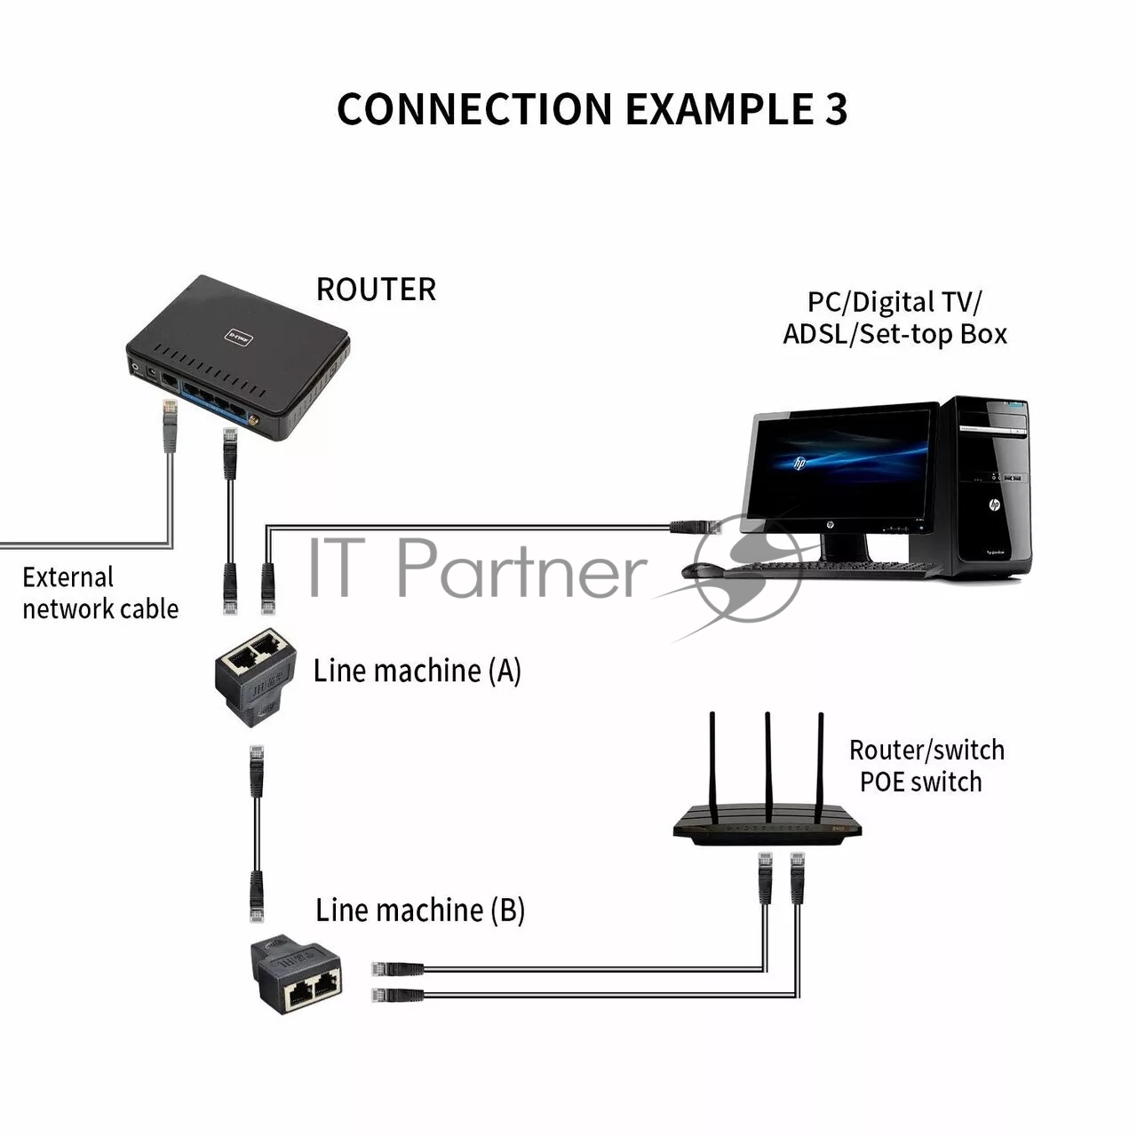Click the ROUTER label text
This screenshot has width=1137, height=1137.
376,290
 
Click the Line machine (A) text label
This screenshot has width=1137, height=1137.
417,671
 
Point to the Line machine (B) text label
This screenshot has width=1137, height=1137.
420,910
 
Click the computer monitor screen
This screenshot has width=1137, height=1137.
840,465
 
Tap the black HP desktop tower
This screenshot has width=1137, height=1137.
986,489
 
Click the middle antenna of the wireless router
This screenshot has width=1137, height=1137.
767,764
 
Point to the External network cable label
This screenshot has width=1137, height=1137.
99,593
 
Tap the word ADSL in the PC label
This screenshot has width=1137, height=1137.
815,335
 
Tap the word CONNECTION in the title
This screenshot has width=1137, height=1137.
474,109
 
